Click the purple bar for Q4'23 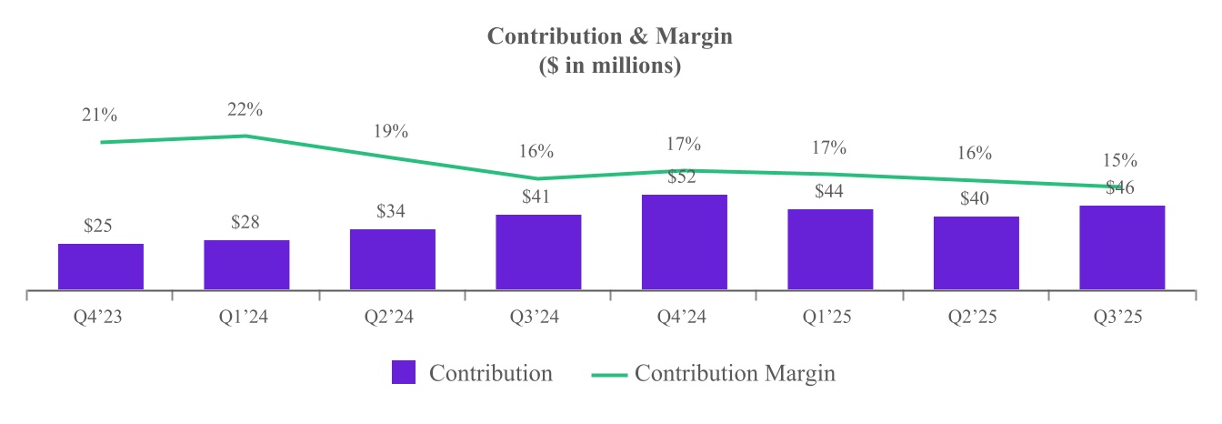click(101, 267)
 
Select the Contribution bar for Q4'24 click(684, 242)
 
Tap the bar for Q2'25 click(976, 253)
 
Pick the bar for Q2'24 click(392, 259)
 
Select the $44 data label click(829, 192)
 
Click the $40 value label click(976, 199)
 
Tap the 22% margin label click(245, 110)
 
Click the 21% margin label click(99, 116)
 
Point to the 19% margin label click(391, 131)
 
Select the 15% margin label click(1120, 160)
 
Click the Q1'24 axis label click(245, 318)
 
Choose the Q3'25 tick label click(1121, 318)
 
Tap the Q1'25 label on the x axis click(829, 318)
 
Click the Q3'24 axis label click(537, 318)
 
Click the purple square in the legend click(404, 373)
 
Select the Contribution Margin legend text click(735, 373)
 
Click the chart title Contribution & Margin click(610, 36)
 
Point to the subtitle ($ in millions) click(610, 66)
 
